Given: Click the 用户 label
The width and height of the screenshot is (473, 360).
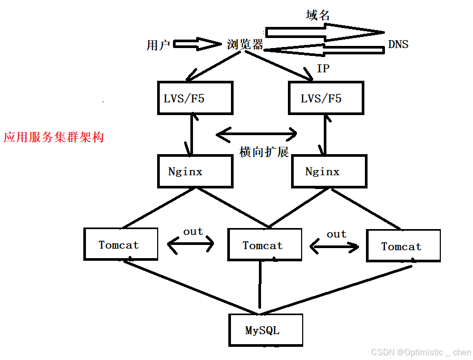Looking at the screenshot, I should [158, 45].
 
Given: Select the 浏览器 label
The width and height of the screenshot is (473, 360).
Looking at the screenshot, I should [245, 44].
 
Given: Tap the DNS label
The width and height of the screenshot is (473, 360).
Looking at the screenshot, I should [398, 44].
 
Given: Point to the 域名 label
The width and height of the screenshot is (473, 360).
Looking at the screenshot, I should [317, 15].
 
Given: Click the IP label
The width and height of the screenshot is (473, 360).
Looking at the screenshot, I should [323, 69].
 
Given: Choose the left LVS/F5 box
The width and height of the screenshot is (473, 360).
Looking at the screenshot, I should [195, 98].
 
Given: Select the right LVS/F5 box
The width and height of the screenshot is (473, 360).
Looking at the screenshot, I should [326, 98].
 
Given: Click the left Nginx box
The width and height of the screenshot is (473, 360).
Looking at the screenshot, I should [195, 171].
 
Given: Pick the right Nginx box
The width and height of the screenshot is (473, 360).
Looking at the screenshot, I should [329, 171].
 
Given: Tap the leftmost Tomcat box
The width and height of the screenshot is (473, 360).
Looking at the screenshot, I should [121, 244].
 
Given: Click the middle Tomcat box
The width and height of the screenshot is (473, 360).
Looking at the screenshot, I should [265, 245].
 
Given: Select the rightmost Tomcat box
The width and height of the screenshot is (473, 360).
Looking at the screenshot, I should [403, 245].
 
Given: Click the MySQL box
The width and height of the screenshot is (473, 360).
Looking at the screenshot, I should [266, 330].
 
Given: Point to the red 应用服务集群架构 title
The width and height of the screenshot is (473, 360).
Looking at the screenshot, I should [54, 137].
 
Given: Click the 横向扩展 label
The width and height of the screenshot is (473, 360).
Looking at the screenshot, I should [264, 153].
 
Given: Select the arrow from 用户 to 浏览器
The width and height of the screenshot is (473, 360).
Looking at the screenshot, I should [194, 44].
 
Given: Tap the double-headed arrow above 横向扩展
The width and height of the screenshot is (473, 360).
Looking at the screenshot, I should [257, 135].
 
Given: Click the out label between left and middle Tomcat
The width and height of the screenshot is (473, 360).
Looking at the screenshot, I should [193, 231].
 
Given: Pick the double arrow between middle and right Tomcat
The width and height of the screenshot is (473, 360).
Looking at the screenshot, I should [334, 245].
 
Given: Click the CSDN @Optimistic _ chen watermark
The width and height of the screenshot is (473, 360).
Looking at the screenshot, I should [421, 352].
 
